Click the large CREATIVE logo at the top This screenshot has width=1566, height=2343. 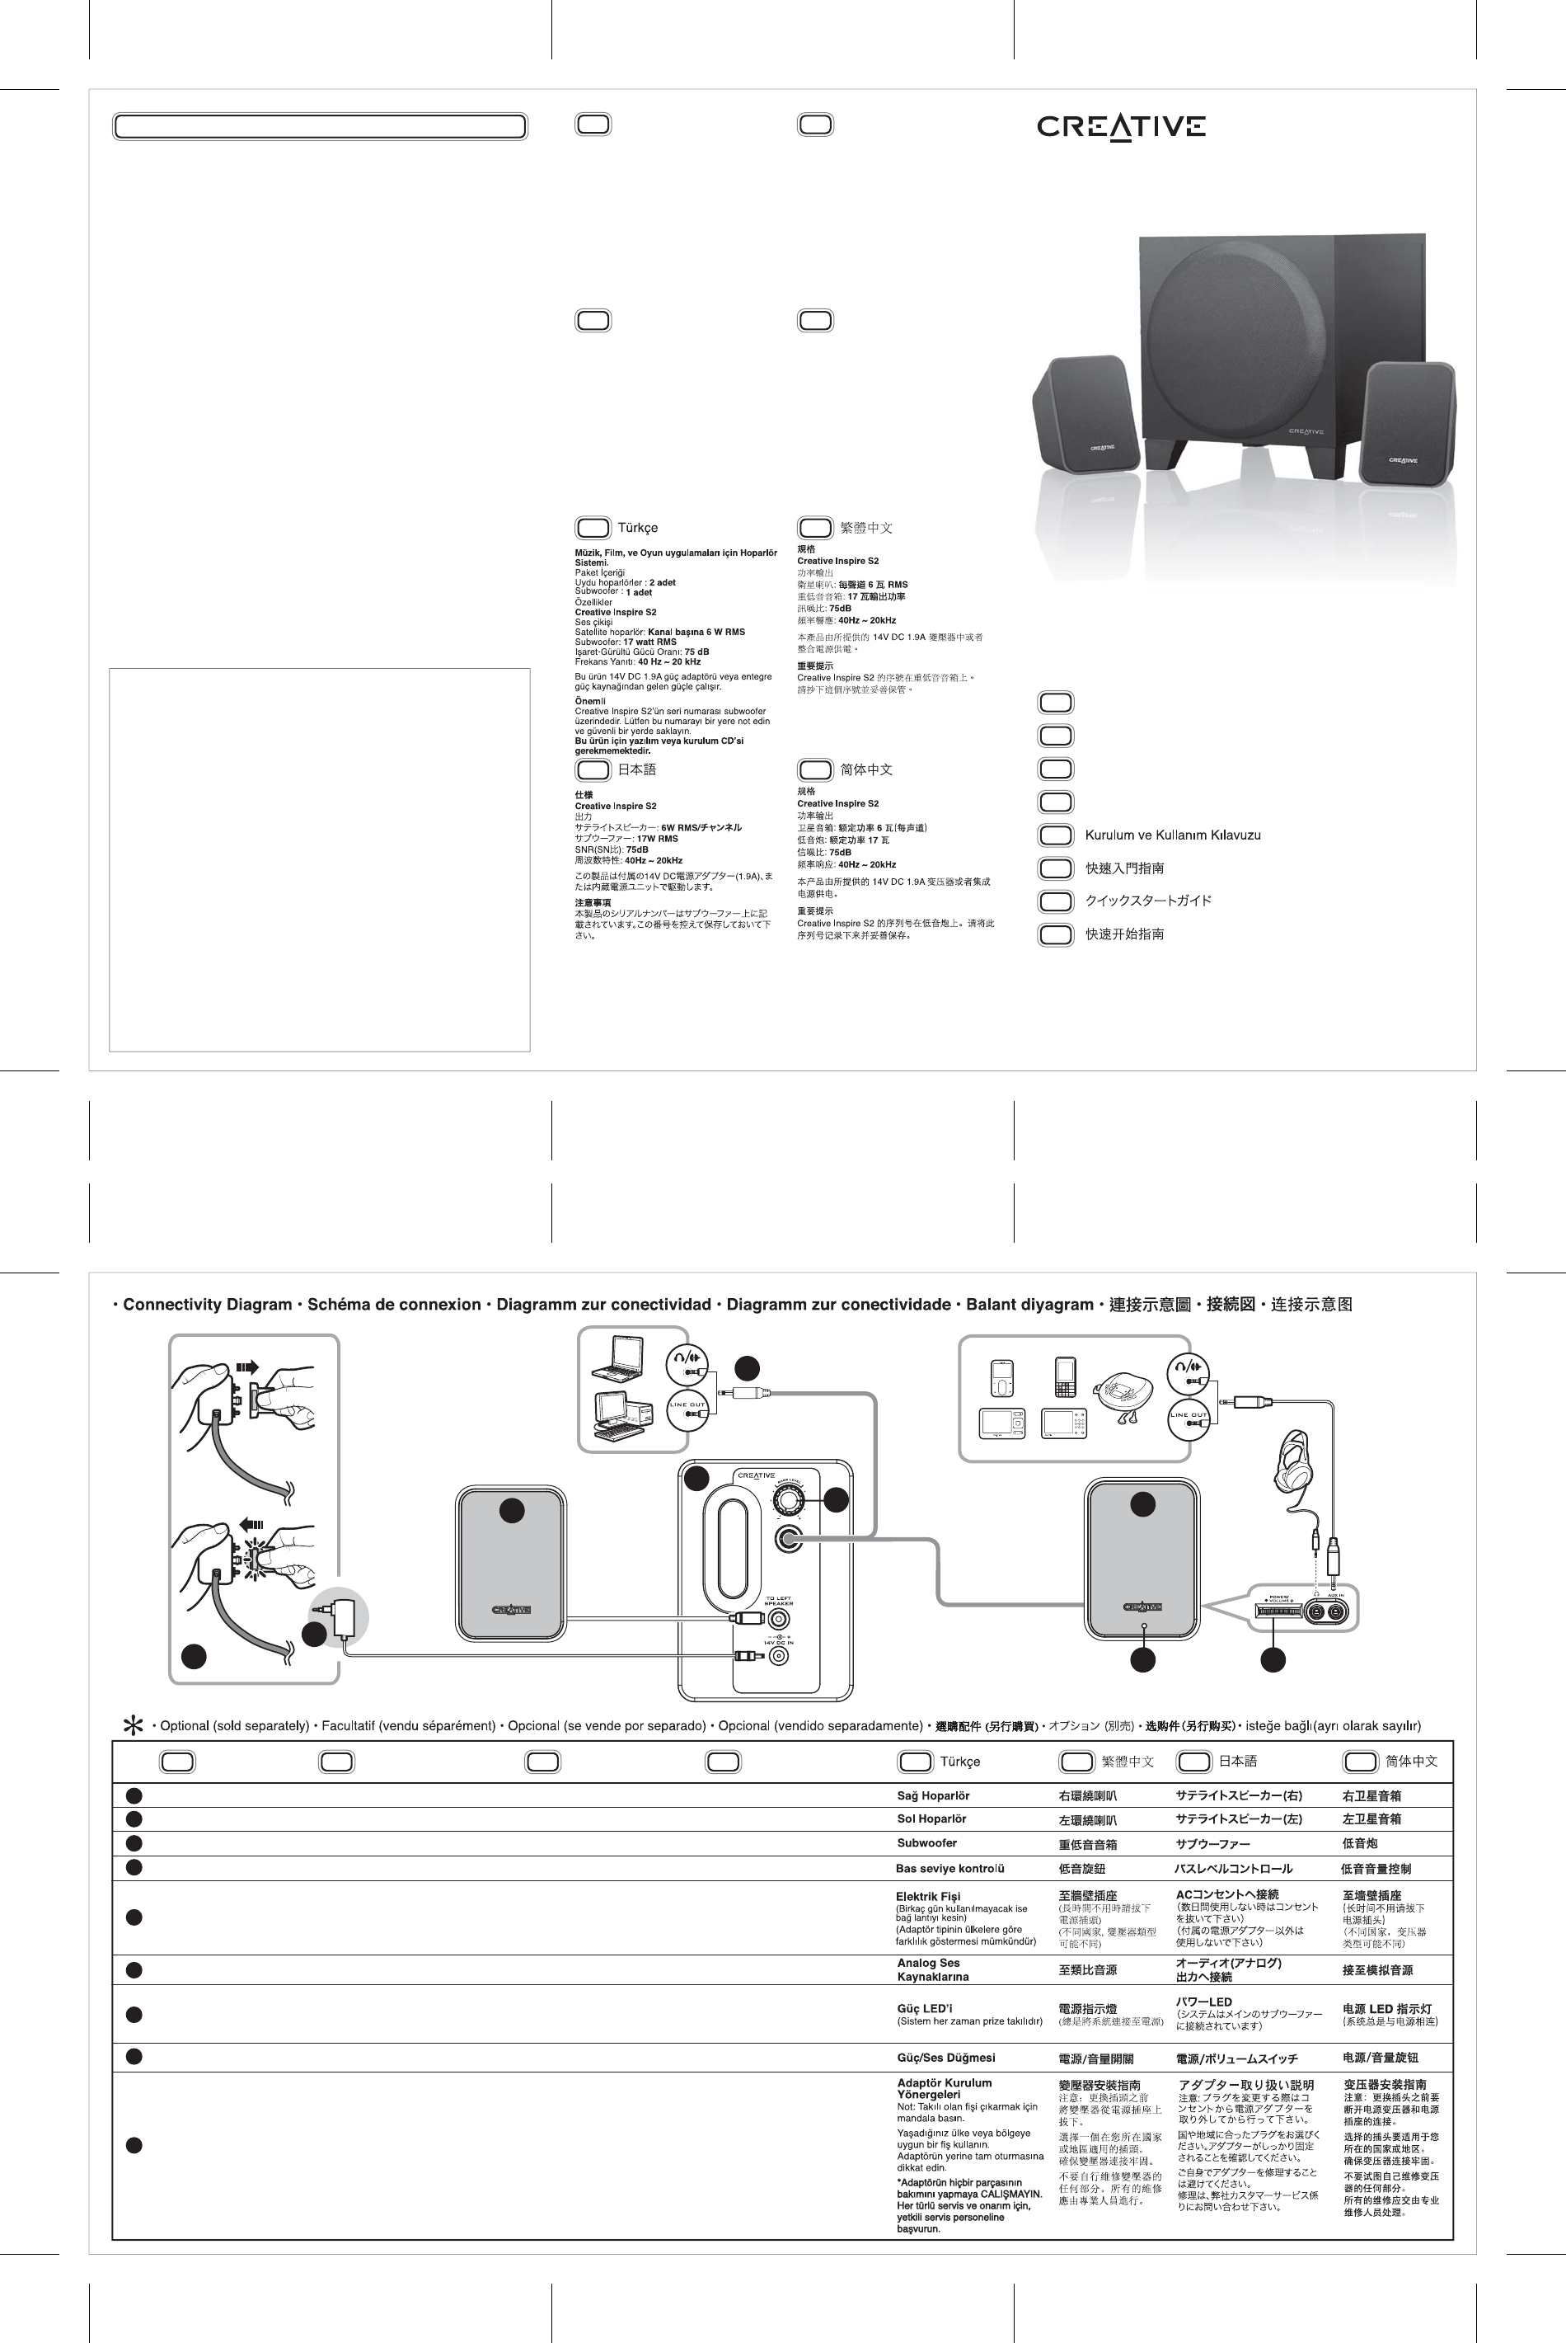point(1121,126)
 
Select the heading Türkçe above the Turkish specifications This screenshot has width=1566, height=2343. point(637,528)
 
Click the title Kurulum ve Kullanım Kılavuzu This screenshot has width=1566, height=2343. point(1173,835)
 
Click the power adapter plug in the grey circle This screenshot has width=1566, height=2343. point(344,1620)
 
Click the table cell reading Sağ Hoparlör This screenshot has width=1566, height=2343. point(932,1795)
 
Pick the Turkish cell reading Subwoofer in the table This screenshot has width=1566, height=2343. point(926,1843)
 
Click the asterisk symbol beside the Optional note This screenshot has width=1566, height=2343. point(131,1725)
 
